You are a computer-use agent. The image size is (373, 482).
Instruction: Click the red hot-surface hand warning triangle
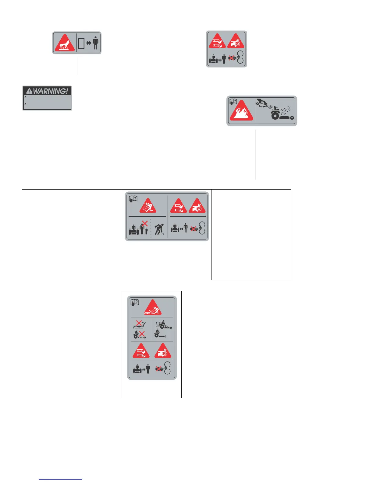click(65, 43)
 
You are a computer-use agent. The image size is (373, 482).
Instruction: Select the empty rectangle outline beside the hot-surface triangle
click(81, 43)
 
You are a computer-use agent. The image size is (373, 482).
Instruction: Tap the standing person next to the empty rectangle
click(96, 43)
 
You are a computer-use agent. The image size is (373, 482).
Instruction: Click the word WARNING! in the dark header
click(50, 91)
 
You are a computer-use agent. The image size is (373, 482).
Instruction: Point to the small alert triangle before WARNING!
click(29, 91)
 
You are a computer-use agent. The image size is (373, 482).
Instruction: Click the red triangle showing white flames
click(241, 112)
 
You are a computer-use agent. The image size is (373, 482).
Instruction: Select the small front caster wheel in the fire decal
click(292, 118)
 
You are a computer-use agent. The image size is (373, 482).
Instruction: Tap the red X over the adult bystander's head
click(145, 223)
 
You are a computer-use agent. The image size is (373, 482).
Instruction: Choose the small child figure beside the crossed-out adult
click(146, 231)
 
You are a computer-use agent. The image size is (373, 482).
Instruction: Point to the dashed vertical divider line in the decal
click(151, 228)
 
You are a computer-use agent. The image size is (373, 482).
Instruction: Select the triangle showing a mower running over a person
click(153, 308)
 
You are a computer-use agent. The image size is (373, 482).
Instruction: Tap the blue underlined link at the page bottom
click(60, 479)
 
